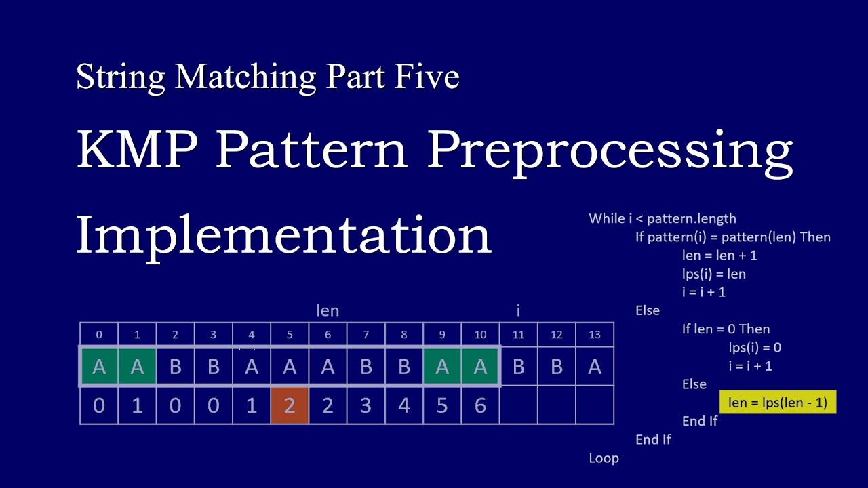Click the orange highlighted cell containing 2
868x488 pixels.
click(290, 406)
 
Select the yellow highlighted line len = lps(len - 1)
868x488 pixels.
click(778, 403)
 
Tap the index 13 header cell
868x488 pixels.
click(595, 334)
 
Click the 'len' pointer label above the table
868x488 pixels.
click(328, 310)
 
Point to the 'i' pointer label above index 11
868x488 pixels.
click(518, 310)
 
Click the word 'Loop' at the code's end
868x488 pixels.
click(604, 458)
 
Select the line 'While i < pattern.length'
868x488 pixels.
click(663, 218)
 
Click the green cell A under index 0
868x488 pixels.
click(99, 367)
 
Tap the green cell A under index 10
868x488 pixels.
click(480, 367)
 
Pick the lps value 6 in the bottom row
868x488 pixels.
click(480, 406)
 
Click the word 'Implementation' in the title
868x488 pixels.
click(283, 235)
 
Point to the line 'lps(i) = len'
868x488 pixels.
click(714, 274)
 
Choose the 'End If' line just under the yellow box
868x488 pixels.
click(700, 421)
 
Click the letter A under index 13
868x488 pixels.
click(595, 367)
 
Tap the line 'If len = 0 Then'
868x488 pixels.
click(726, 329)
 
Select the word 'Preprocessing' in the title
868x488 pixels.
click(610, 150)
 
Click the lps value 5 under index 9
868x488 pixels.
click(442, 406)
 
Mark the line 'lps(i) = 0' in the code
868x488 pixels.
click(755, 348)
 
